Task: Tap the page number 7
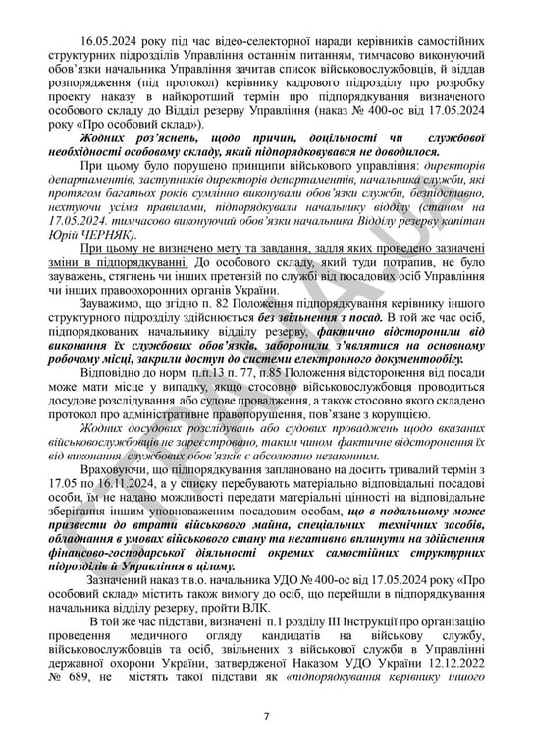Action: coord(265,714)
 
